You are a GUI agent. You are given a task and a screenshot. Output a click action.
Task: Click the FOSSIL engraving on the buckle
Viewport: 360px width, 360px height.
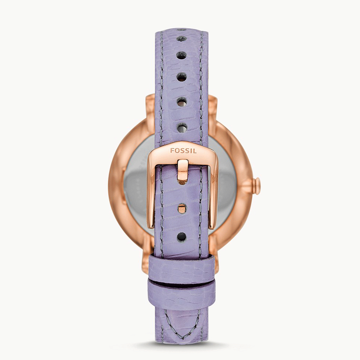tap(183, 151)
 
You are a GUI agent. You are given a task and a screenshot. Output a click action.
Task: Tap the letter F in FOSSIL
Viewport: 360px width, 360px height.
tap(172, 151)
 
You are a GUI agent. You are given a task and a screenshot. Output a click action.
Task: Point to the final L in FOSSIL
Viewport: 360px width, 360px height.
tap(195, 151)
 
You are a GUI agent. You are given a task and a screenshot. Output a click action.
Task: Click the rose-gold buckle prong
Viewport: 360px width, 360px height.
tap(182, 172)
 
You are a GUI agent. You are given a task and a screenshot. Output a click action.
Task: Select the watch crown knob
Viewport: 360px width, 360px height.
tap(256, 186)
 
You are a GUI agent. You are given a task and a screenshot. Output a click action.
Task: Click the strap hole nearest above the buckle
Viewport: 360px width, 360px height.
tap(182, 127)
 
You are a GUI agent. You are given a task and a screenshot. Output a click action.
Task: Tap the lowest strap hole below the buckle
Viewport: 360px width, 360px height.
tap(181, 236)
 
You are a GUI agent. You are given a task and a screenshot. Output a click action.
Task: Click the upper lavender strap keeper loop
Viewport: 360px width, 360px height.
tap(182, 268)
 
